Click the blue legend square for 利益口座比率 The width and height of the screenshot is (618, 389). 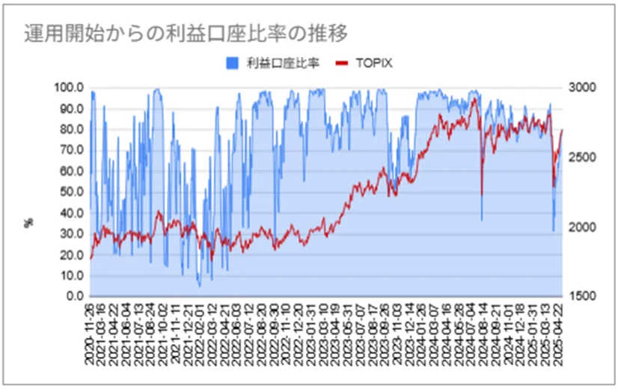pyautogui.click(x=233, y=63)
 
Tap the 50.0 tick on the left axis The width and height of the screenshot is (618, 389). pyautogui.click(x=70, y=192)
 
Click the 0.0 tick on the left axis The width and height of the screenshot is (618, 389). pyautogui.click(x=73, y=296)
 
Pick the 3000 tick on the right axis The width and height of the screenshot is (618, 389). pyautogui.click(x=583, y=88)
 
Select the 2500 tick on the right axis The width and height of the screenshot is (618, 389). pyautogui.click(x=583, y=157)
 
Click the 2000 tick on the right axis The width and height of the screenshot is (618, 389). pyautogui.click(x=583, y=227)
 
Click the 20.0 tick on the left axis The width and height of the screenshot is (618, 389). pyautogui.click(x=70, y=254)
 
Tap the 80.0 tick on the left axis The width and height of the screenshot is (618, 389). pyautogui.click(x=70, y=129)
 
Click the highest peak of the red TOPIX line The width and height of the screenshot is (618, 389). pyautogui.click(x=474, y=98)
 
